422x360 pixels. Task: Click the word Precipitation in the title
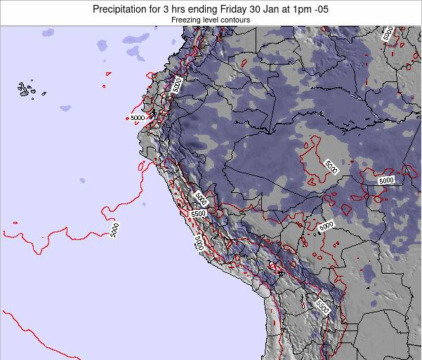124,9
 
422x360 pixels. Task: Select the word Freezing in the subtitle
185,21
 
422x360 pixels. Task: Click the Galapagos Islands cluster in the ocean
27,89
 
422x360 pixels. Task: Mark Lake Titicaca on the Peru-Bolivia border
275,267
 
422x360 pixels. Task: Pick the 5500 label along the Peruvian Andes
197,213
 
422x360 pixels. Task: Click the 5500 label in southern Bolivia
322,306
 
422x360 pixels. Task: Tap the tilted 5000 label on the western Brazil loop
331,166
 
